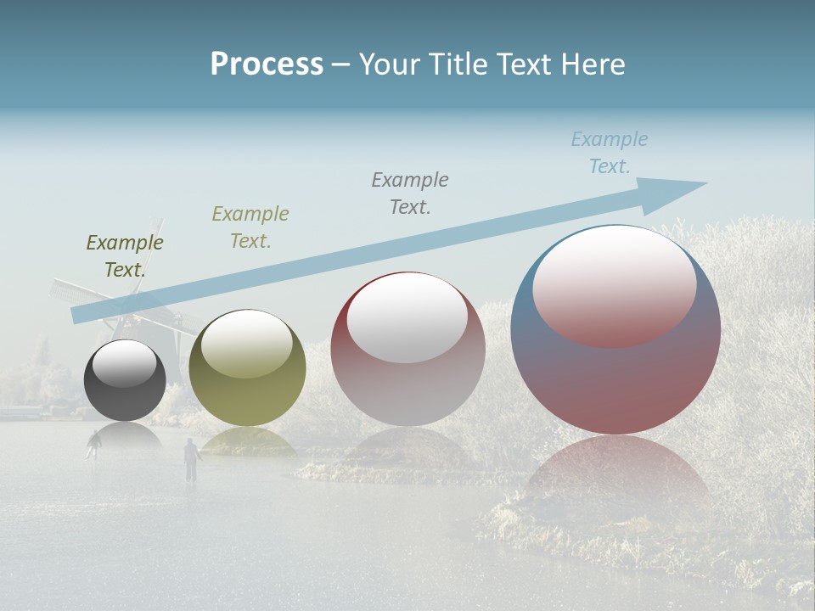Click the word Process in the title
pyautogui.click(x=267, y=64)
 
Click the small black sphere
pyautogui.click(x=125, y=380)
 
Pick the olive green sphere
pyautogui.click(x=247, y=368)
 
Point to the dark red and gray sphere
pyautogui.click(x=407, y=350)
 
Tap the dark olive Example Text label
pyautogui.click(x=125, y=256)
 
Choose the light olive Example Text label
pyautogui.click(x=250, y=227)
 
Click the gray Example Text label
pyautogui.click(x=410, y=193)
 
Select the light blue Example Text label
pyautogui.click(x=610, y=153)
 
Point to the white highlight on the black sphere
pyautogui.click(x=125, y=363)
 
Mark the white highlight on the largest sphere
pyautogui.click(x=614, y=285)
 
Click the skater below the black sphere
pyautogui.click(x=93, y=443)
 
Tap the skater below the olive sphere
pyautogui.click(x=191, y=458)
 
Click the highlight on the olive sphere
pyautogui.click(x=246, y=342)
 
